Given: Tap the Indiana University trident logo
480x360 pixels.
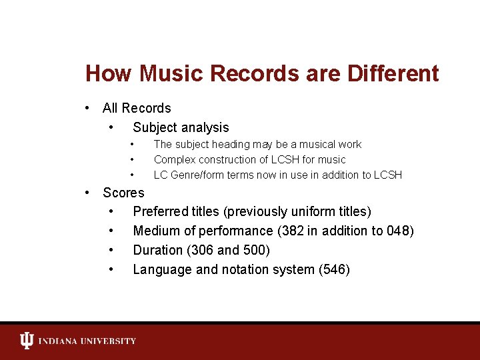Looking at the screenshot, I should tap(26, 341).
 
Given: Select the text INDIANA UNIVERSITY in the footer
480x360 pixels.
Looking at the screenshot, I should tap(87, 341).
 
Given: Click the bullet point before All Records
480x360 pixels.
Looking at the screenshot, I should tap(87, 108).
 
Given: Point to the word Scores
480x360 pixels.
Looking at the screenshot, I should tap(123, 193).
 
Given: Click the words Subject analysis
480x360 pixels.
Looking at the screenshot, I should tap(181, 127).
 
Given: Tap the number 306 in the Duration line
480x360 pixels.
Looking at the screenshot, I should tap(203, 251).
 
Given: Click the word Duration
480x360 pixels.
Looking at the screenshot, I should tap(159, 251).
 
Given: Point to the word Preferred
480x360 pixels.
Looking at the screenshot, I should tap(161, 212).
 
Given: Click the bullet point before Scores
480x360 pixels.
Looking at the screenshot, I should tap(87, 193).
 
